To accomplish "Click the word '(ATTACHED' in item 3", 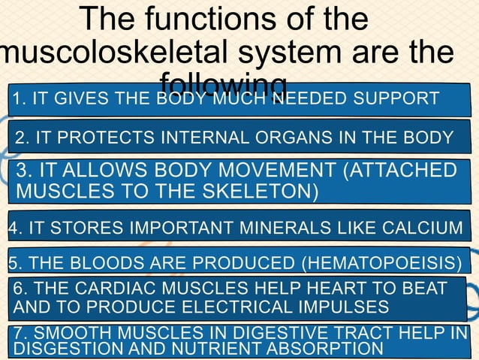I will [x=399, y=169].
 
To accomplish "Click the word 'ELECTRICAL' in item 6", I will [x=247, y=306].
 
